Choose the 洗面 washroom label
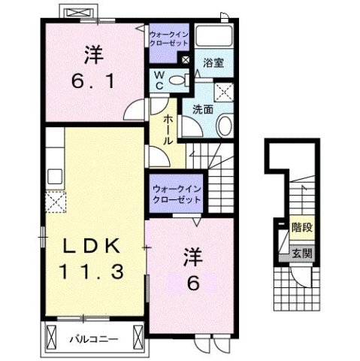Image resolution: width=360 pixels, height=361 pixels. click(202, 109)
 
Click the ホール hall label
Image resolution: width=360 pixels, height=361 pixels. click(164, 130)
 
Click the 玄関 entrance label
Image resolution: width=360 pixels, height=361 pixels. click(302, 254)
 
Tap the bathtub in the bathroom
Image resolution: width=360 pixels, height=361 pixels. click(215, 39)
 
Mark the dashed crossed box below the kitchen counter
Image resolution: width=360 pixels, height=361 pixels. click(55, 201)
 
